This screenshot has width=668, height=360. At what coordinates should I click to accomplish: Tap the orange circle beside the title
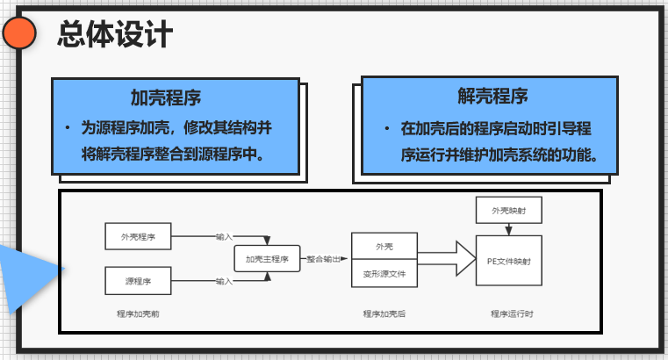coord(19,34)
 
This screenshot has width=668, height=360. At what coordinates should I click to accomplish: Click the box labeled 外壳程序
coord(137,236)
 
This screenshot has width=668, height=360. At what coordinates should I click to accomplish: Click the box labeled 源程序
coord(137,282)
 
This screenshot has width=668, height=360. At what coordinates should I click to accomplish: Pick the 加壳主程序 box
coord(267,259)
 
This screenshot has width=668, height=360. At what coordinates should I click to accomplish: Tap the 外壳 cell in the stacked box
coord(384,247)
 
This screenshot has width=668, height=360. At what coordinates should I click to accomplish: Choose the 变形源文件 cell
coord(384,274)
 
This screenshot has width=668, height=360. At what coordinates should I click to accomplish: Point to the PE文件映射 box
coord(508,261)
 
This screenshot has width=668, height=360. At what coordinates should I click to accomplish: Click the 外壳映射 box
coord(508,211)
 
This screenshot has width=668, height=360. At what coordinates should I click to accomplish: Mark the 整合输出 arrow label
coord(325,260)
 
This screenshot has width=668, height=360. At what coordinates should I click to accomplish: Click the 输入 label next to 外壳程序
coord(224,236)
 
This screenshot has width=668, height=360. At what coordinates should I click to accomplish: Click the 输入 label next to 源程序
coord(224,282)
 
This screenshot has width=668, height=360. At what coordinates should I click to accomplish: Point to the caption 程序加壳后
coord(384,313)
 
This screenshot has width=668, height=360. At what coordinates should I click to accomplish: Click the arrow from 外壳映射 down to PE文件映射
coord(508,229)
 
